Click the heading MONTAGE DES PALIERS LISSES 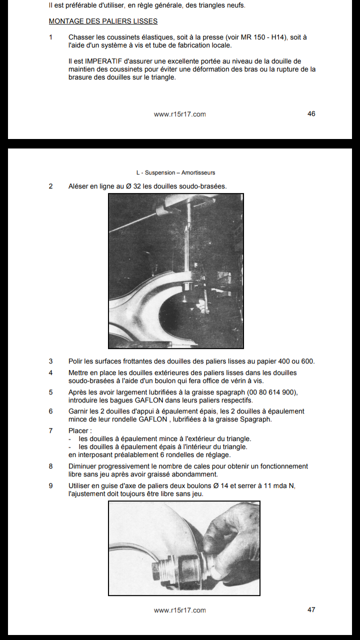tap(103, 21)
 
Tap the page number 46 tap(311, 114)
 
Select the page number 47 tap(311, 610)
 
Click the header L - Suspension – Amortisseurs tap(179, 172)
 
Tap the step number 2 tap(50, 186)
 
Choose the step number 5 tap(50, 392)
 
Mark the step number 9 tap(50, 485)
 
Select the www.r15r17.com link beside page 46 tap(179, 114)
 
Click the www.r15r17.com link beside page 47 tap(179, 610)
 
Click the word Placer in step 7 tap(79, 430)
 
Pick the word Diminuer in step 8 tap(83, 466)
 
